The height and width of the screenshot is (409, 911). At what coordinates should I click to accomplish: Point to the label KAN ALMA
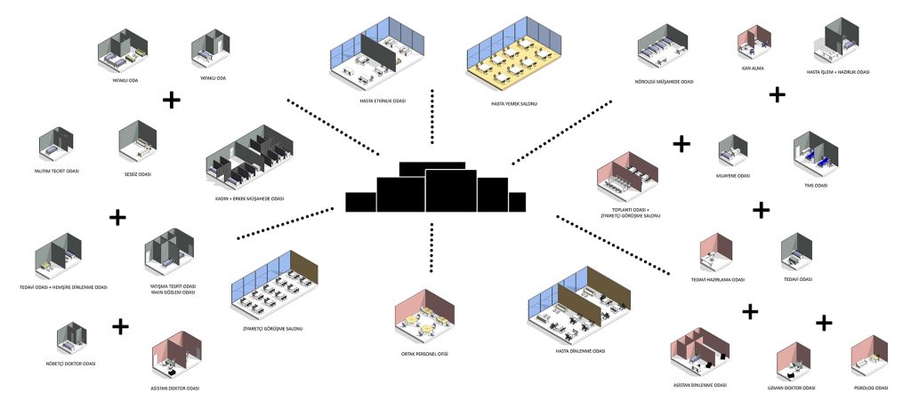pyautogui.click(x=752, y=68)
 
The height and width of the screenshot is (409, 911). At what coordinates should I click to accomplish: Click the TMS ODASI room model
pyautogui.click(x=814, y=151)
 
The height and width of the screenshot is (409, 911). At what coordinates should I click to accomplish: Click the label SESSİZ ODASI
pyautogui.click(x=138, y=174)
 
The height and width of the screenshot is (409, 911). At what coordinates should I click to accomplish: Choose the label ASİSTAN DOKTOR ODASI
pyautogui.click(x=174, y=389)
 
